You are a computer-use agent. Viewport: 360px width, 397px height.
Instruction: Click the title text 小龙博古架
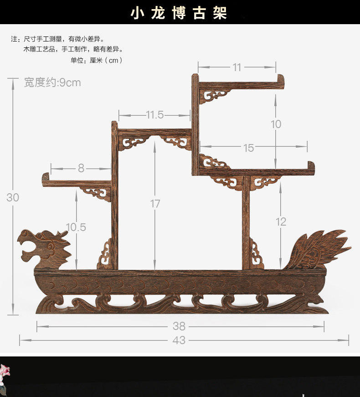[x=179, y=13]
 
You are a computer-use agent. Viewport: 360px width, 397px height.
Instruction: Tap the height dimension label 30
[x=13, y=197]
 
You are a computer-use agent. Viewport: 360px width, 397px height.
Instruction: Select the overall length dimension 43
[x=179, y=340]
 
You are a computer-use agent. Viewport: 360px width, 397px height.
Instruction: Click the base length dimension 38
[x=179, y=326]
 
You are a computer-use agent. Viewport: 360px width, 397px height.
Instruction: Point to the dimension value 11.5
[x=155, y=115]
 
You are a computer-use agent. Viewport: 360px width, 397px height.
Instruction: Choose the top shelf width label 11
[x=237, y=67]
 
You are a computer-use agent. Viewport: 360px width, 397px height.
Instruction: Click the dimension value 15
[x=248, y=148]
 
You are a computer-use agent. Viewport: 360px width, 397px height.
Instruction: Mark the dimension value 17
[x=155, y=204]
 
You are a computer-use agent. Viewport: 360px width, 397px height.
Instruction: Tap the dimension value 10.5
[x=76, y=227]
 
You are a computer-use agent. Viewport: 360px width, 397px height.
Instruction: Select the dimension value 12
[x=281, y=222]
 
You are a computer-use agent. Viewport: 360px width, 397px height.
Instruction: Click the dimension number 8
[x=81, y=168]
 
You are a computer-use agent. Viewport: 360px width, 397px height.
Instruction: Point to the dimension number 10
[x=276, y=124]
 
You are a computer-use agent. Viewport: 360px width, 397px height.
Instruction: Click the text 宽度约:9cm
[x=52, y=82]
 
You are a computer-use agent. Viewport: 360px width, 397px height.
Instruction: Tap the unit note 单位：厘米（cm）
[x=97, y=60]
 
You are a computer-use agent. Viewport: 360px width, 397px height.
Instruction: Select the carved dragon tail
[x=318, y=250]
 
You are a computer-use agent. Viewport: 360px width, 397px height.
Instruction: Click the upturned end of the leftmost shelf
[x=46, y=177]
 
